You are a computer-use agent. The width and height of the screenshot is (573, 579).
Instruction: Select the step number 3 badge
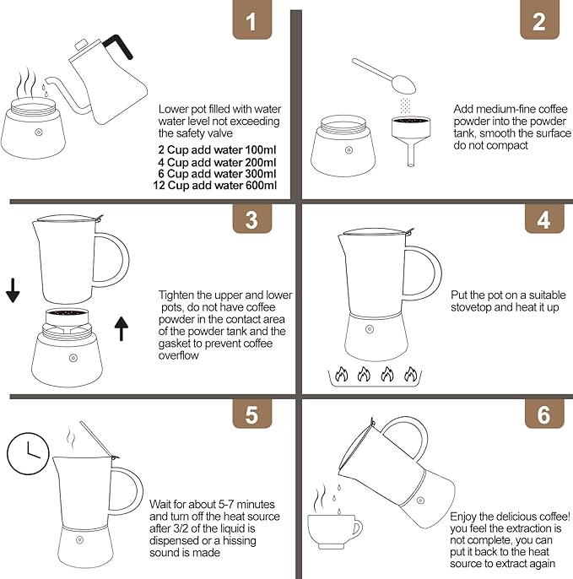click(251, 219)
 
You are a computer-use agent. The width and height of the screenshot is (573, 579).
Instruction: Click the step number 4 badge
click(543, 219)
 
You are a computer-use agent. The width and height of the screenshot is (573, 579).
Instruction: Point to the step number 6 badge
click(543, 414)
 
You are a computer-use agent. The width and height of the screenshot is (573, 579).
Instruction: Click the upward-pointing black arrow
click(121, 327)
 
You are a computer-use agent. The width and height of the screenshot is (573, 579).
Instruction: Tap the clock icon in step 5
click(27, 456)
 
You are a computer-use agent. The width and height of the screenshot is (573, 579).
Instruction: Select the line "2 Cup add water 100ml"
click(217, 149)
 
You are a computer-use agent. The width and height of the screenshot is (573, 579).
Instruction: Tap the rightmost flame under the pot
click(411, 374)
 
